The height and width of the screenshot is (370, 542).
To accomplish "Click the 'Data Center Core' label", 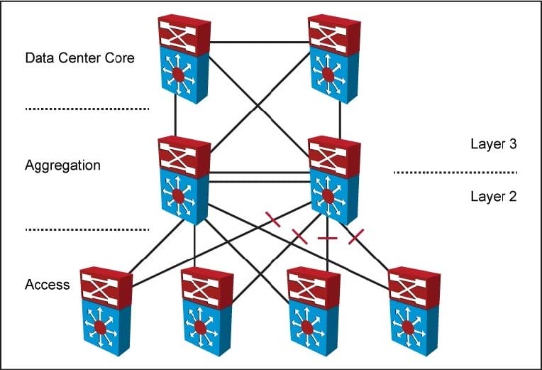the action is pos(80,58).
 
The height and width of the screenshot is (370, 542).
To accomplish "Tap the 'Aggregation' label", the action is pos(62,165).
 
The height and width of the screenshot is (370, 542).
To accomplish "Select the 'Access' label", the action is pos(48,285).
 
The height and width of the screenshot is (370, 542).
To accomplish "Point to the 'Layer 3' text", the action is pos(494,143).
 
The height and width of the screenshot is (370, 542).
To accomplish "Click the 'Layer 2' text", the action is pos(494,196).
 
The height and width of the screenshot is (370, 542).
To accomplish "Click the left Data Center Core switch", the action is pos(184,59).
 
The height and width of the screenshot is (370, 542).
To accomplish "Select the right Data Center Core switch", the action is pos(334,59).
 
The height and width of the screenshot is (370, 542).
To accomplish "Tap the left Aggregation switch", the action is pos(184,180).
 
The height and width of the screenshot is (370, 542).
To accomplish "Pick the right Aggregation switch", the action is pos(334,180).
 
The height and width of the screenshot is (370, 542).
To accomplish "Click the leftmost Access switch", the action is pos(106,312).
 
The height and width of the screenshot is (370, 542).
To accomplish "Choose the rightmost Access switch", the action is pos(414,312).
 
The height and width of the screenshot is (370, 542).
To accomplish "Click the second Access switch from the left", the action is pos(207,312).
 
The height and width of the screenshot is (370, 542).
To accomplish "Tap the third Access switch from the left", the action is pos(314,312).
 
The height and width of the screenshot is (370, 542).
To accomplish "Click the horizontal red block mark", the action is pos(327,238).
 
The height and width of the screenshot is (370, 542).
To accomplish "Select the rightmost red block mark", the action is pos(356,236).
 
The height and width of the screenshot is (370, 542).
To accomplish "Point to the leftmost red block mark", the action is pos(273,219).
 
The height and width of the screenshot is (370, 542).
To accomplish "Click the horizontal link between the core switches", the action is pos(259,42).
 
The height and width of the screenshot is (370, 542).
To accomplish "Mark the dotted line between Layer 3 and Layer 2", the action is pos(455,172).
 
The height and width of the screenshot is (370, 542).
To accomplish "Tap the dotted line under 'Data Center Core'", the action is pos(87,109).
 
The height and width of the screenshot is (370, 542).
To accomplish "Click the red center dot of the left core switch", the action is pos(178,75).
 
